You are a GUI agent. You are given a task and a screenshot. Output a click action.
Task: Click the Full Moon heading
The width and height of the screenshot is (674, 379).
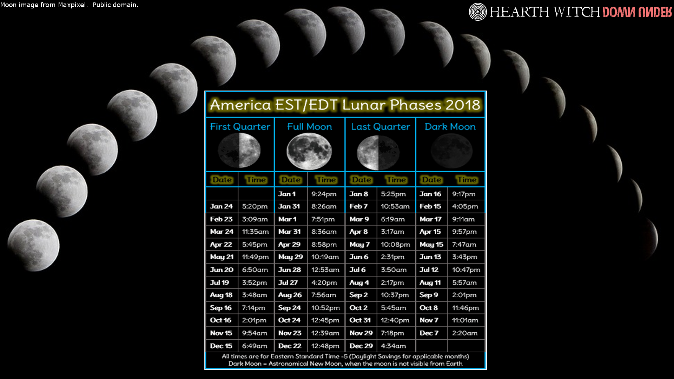[309, 127]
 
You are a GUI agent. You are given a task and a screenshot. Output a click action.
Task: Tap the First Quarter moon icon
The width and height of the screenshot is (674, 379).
[239, 151]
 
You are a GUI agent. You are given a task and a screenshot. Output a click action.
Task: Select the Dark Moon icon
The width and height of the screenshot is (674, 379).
[451, 151]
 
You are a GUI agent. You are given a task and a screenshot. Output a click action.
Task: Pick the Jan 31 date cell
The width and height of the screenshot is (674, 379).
[289, 206]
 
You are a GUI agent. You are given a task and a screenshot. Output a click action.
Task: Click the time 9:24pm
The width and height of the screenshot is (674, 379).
[324, 194]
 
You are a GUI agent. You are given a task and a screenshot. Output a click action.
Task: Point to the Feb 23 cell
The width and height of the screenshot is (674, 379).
[221, 219]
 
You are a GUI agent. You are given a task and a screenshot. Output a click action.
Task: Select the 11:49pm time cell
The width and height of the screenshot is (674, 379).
[255, 257]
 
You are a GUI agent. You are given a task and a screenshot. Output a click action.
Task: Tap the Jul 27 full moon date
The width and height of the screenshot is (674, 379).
[288, 282]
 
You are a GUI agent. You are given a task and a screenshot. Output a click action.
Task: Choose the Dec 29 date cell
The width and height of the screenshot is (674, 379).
[361, 346]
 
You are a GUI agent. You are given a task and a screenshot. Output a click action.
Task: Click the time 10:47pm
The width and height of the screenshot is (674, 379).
[466, 270]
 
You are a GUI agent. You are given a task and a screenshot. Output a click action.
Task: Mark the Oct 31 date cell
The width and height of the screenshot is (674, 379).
[360, 320]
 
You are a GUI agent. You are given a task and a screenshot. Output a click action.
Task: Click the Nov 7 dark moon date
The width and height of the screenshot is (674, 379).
[429, 320]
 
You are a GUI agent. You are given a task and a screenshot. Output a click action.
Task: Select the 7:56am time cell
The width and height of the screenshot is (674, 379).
[324, 295]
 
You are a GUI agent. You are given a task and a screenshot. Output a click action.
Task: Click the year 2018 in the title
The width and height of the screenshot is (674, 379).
[463, 105]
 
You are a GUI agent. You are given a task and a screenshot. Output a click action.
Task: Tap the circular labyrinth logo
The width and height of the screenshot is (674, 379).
[478, 12]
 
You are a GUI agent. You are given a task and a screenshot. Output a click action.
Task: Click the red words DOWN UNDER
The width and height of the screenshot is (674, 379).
[637, 12]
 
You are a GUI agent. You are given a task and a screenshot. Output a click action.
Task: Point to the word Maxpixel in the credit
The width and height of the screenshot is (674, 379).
[72, 5]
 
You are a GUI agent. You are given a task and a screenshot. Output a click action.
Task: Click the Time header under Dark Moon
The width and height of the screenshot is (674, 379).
[467, 180]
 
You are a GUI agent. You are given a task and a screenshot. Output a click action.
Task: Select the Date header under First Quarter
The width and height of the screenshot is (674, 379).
[222, 180]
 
